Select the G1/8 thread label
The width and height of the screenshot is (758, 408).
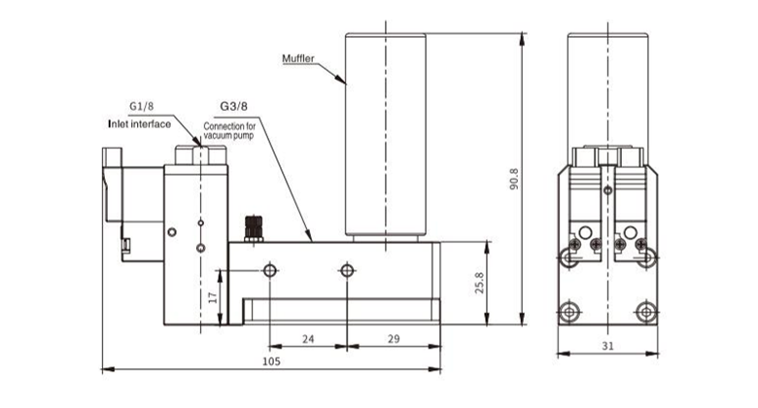[143, 106]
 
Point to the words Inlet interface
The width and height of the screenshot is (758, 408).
[139, 124]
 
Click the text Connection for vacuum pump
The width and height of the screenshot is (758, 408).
[229, 130]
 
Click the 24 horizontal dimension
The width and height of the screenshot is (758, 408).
[307, 339]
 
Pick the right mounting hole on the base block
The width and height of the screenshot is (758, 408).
[345, 269]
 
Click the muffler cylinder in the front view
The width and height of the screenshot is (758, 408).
[386, 136]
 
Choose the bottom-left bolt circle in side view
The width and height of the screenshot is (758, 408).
[568, 312]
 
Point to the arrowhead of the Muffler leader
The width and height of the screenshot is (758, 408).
[345, 84]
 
